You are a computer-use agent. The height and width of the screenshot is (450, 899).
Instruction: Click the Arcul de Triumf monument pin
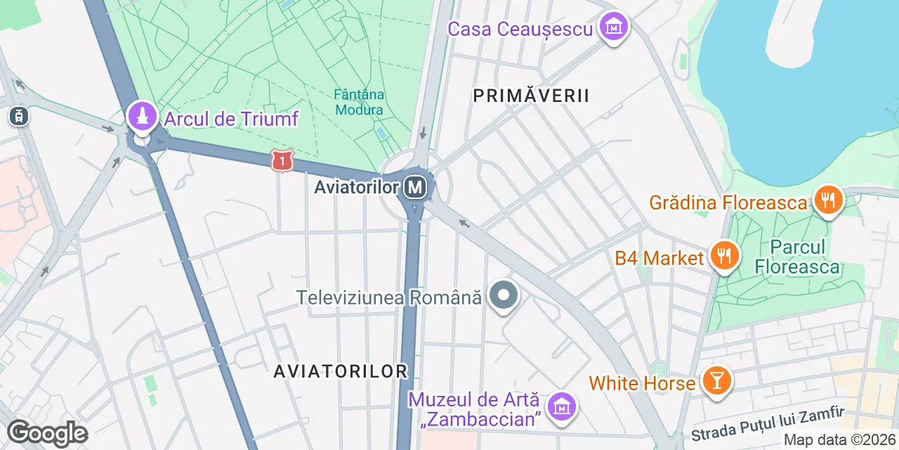pyautogui.click(x=142, y=117)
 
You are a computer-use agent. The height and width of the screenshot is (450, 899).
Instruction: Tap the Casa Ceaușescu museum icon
pyautogui.click(x=614, y=27)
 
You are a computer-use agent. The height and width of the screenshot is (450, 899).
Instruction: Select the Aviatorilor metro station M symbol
pyautogui.click(x=416, y=187)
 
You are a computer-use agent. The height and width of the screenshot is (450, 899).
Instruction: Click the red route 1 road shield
pyautogui.click(x=282, y=162)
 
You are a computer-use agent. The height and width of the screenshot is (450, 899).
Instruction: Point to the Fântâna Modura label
pyautogui.click(x=359, y=102)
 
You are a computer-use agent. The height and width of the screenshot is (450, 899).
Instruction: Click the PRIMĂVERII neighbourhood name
pyautogui.click(x=531, y=96)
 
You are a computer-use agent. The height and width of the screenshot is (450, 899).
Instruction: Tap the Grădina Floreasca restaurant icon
pyautogui.click(x=829, y=201)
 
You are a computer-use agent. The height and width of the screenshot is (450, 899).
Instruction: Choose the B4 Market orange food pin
pyautogui.click(x=723, y=256)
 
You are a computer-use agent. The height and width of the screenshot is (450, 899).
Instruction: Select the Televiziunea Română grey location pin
pyautogui.click(x=503, y=296)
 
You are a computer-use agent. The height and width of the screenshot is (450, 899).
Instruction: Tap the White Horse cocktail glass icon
pyautogui.click(x=716, y=382)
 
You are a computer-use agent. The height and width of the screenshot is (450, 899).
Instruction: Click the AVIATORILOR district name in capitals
pyautogui.click(x=341, y=371)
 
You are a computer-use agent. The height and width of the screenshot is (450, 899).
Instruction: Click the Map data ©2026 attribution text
pyautogui.click(x=839, y=440)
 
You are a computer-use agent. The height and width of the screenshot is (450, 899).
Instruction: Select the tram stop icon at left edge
pyautogui.click(x=19, y=116)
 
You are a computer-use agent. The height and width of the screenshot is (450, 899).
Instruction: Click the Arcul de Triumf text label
pyautogui.click(x=231, y=119)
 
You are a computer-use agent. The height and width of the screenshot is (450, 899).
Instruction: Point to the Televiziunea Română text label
pyautogui.click(x=389, y=297)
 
